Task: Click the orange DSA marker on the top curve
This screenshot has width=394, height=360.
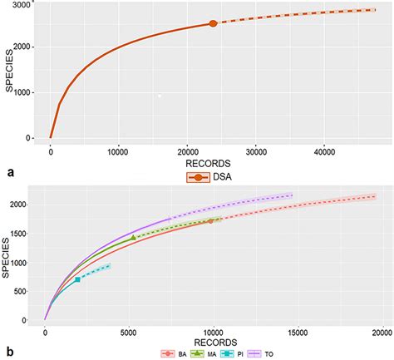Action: [213, 24]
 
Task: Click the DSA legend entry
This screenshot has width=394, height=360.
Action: [207, 176]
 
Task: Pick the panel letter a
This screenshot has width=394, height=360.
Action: [8, 172]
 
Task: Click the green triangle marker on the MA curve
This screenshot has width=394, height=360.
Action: [133, 238]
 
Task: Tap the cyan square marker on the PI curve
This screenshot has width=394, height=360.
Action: [77, 280]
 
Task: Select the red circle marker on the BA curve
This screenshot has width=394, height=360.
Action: [210, 221]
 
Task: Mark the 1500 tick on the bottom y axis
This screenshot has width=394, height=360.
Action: [30, 234]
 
